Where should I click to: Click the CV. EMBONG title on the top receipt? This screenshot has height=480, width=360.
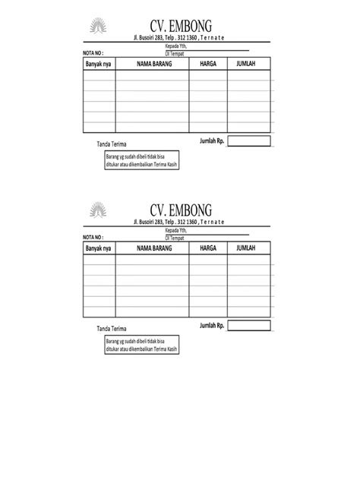(181, 27)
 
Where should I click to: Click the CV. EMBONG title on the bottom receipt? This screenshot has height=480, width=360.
(181, 209)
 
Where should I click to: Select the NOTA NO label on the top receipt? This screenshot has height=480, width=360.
(93, 53)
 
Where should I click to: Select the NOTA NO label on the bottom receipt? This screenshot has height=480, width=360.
(93, 236)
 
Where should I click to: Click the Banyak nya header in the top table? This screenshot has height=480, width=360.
(98, 65)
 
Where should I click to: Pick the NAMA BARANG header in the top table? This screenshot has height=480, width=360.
(153, 65)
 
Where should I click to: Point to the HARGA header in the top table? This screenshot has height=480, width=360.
(208, 65)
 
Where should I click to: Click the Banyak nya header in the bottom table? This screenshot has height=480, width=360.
(98, 248)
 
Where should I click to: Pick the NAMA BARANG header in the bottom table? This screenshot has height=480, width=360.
(153, 248)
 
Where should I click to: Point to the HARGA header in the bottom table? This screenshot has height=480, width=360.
(208, 248)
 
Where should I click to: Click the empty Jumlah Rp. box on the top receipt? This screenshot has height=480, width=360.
(248, 141)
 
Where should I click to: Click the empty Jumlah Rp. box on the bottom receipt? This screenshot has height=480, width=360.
(248, 325)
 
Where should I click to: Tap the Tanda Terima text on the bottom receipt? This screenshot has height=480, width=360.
(112, 328)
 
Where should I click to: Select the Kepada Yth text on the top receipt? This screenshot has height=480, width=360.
(175, 46)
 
